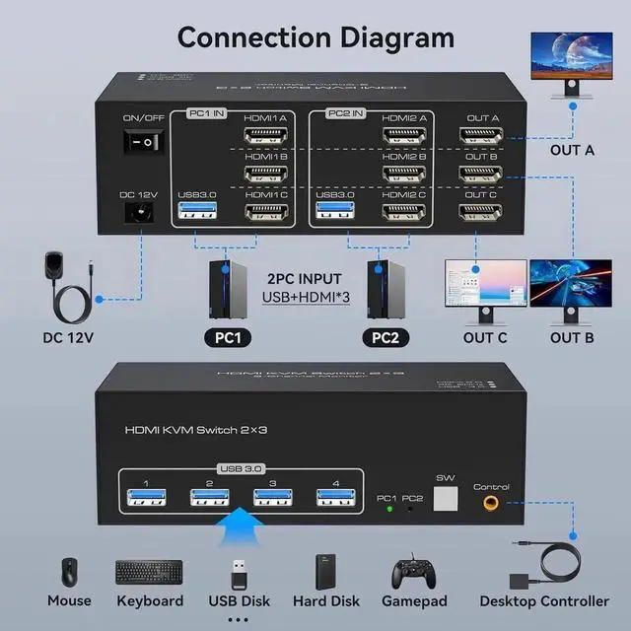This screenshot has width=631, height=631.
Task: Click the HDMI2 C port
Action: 402,211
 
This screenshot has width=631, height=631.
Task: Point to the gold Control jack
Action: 490,504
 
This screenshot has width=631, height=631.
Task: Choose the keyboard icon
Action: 148,572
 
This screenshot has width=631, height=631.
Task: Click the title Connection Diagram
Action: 315,37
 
